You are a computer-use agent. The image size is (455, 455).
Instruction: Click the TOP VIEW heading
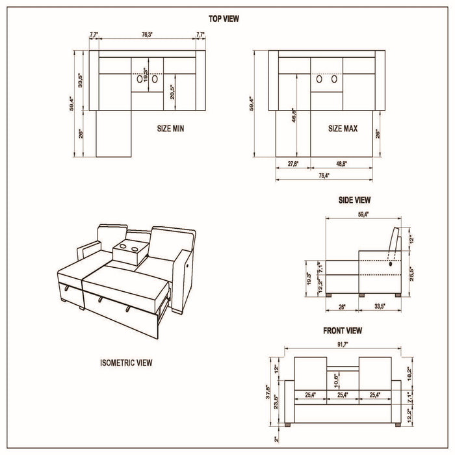point(224,19)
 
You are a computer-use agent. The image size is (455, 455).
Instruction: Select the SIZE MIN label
point(170,129)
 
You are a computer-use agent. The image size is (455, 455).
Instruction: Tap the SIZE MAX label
point(343,129)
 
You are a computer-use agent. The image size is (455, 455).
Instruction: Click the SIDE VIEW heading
point(355,200)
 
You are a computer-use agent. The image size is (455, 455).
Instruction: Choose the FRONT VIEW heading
point(343,331)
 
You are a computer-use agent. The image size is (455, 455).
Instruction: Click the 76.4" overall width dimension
point(323,175)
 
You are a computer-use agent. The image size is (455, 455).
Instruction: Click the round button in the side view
point(391,264)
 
